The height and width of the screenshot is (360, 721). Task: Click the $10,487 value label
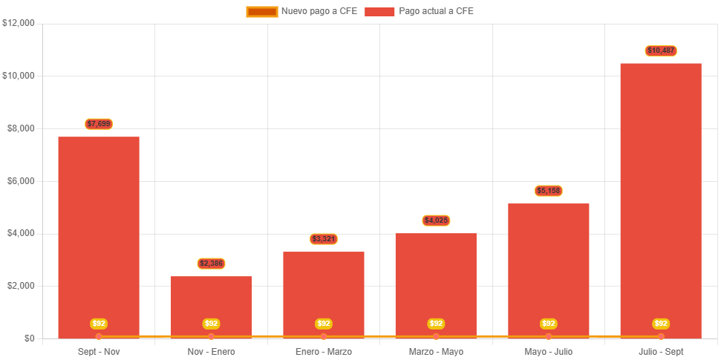tap(661, 50)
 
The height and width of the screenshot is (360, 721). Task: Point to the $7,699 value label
tap(99, 124)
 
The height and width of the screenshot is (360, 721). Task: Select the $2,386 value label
tap(212, 264)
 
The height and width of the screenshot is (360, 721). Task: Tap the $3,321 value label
tap(324, 239)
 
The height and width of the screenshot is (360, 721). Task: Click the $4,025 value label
tap(436, 220)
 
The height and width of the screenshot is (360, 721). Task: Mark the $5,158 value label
tap(549, 191)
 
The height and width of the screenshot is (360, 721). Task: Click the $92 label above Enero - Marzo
tap(324, 324)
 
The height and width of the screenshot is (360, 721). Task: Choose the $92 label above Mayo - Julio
tap(549, 324)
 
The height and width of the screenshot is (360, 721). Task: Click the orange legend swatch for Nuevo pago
tap(261, 11)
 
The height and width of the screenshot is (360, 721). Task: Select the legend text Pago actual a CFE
tap(436, 11)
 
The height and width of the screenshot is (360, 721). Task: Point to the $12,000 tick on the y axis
tap(19, 23)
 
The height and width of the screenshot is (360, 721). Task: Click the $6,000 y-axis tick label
tap(22, 181)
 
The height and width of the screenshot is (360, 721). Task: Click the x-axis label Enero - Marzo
tap(324, 351)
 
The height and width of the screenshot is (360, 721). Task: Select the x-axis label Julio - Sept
tap(661, 351)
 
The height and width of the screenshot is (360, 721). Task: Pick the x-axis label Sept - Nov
tap(99, 351)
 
